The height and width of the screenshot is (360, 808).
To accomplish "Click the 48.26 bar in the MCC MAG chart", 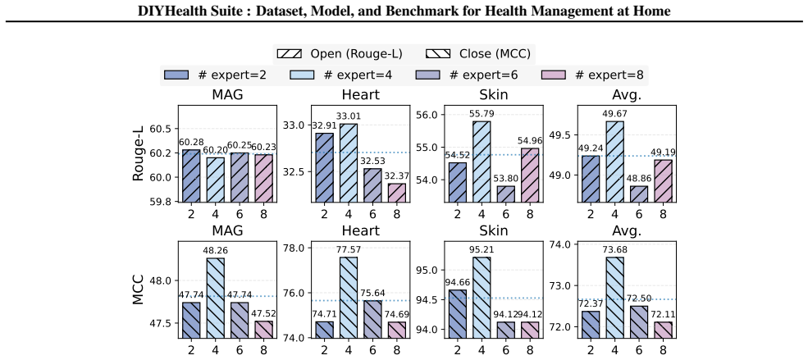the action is tap(216, 298).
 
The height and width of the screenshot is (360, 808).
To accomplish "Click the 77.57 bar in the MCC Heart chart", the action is tap(349, 297).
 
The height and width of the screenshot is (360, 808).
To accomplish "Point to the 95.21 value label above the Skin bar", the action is tap(482, 252).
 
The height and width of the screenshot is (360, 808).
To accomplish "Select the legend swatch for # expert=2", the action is tap(176, 75).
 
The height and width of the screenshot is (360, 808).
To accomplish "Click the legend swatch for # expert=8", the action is tap(555, 75).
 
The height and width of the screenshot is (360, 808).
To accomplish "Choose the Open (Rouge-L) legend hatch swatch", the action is tap(290, 53).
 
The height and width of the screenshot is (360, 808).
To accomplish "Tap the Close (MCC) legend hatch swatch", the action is tap(439, 53).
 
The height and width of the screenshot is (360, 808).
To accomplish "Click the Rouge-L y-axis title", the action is tap(138, 155).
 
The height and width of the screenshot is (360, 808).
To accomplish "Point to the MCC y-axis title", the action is tap(138, 289).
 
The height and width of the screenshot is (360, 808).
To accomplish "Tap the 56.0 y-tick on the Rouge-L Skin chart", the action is tap(427, 114).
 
